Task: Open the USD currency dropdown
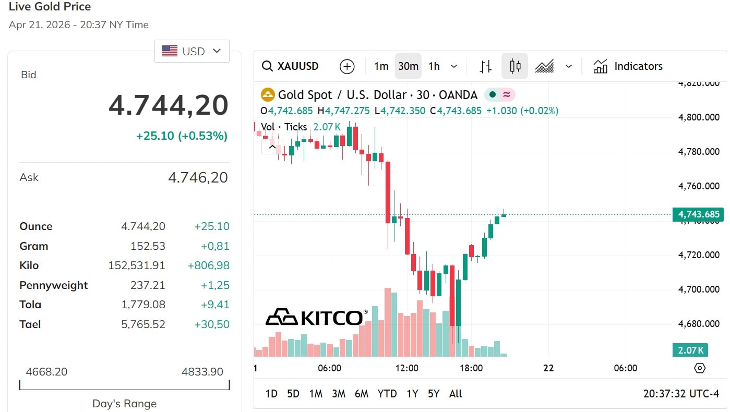192,51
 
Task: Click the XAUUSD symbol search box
291,66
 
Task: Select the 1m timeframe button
381,66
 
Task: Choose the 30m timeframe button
408,66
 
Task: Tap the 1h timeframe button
434,66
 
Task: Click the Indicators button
628,66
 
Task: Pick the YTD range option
387,394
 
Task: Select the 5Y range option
434,394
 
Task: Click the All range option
456,394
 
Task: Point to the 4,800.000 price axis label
699,117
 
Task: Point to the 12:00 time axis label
406,368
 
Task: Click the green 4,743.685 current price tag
698,214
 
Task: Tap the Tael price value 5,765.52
143,324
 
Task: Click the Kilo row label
29,265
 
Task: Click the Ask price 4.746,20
198,178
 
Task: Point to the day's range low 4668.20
46,372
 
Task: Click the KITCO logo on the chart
316,317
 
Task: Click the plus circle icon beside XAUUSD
347,66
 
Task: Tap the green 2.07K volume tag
690,350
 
